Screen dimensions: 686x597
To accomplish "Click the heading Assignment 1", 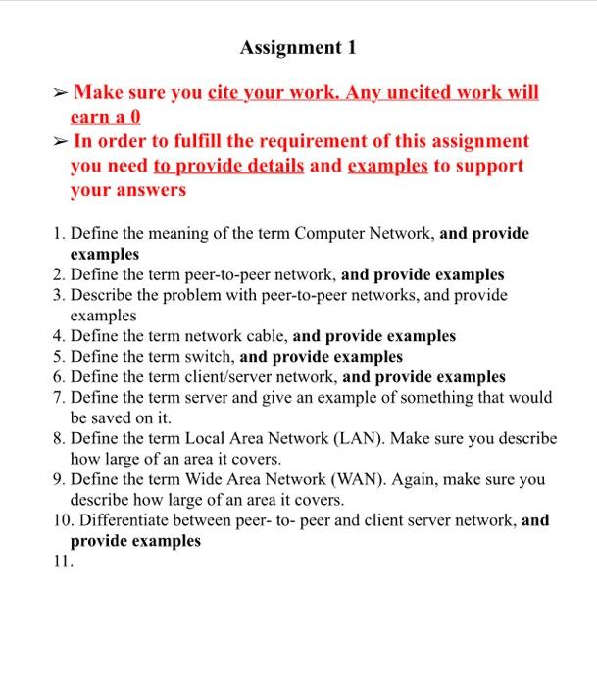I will pos(298,47).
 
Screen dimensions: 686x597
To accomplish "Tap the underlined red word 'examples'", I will pos(387,166).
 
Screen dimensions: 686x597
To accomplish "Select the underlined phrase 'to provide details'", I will pos(228,166).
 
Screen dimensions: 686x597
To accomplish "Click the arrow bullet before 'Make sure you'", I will pos(61,94).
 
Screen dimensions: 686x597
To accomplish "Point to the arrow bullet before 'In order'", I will pos(61,142).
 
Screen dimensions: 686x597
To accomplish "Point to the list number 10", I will pos(62,520).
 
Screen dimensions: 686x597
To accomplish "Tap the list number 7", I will pos(61,397).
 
